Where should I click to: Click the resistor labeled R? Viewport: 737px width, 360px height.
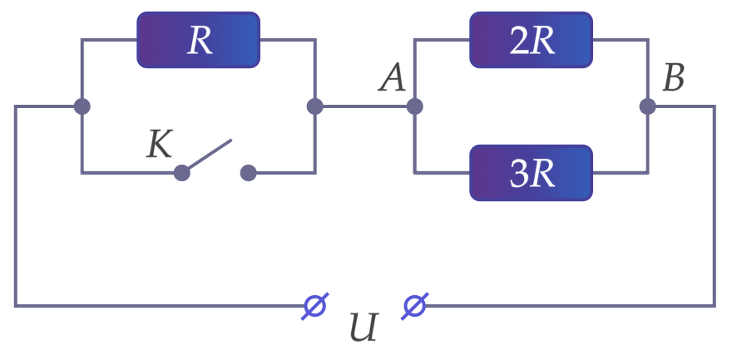(x=198, y=40)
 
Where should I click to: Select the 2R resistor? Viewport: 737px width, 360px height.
(x=532, y=40)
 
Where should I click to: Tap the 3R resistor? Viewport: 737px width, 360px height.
(x=532, y=173)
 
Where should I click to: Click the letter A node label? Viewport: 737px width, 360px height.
(x=392, y=79)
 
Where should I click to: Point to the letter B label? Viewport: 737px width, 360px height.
(x=673, y=78)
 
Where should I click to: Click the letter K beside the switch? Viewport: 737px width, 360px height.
(x=160, y=145)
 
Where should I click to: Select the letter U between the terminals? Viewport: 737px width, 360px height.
(x=364, y=328)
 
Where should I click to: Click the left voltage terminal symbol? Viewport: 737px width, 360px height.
(x=315, y=306)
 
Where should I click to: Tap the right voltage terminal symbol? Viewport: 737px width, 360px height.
(x=414, y=306)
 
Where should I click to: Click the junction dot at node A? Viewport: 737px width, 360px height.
(x=414, y=106)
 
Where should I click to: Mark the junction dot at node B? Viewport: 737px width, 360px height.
(x=648, y=106)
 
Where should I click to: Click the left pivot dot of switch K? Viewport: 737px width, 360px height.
(x=182, y=173)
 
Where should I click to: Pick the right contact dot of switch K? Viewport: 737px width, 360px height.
(x=248, y=173)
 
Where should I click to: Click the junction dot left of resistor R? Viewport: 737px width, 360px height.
(x=82, y=106)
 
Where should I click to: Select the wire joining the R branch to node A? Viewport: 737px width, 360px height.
(x=364, y=106)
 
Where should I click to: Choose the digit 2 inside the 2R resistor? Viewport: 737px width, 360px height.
(x=520, y=41)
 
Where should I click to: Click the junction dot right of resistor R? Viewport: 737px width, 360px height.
(x=315, y=106)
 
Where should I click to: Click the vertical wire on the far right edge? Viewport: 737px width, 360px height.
(x=715, y=206)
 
